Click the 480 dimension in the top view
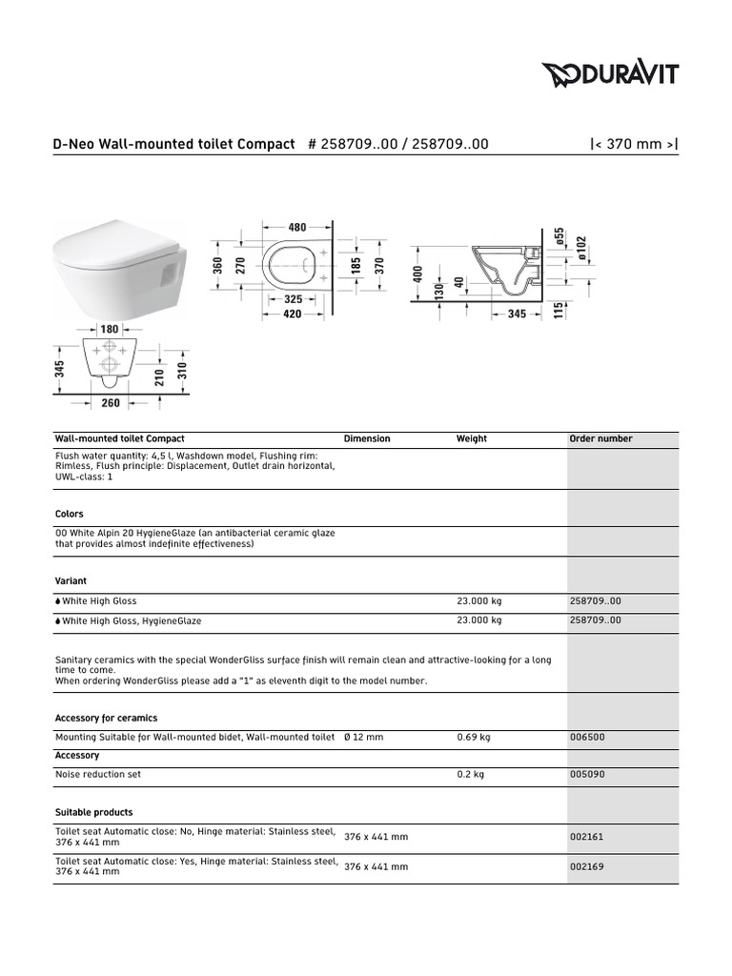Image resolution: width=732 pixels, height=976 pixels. coord(297,227)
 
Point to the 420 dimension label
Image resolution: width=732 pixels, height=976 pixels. coord(292,315)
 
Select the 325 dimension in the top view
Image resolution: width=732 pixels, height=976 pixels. coord(294,299)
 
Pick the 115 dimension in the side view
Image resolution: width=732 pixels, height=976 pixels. coord(559,311)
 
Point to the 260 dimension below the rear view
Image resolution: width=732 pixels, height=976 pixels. coord(111,402)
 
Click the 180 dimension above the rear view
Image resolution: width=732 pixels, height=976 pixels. coord(110,328)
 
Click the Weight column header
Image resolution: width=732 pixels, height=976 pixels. coord(471,439)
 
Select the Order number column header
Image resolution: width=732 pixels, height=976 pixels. coord(600,439)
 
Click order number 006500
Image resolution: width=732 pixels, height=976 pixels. coord(586,737)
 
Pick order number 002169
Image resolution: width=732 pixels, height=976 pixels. coord(586,867)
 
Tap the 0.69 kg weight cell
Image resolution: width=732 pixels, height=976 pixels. coord(474,737)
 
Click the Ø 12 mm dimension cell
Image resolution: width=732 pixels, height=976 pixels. coord(363,737)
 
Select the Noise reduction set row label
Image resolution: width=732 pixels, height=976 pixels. coord(98,775)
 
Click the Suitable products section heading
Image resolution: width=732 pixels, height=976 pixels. coord(93,813)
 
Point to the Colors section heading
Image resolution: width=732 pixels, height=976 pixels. coord(70,514)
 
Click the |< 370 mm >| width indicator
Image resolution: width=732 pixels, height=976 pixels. coord(635,144)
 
